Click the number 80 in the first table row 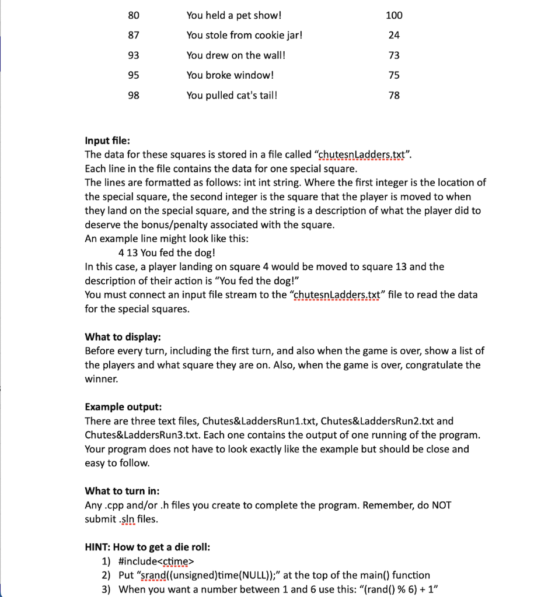coord(134,15)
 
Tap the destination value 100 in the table coord(394,15)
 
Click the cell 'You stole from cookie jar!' coord(245,35)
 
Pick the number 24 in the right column coord(394,35)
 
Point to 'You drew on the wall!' coord(236,55)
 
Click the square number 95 coord(134,75)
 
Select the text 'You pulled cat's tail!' coord(232,95)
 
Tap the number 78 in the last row coord(394,95)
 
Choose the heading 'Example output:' coord(123,406)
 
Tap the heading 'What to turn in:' coord(122,491)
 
